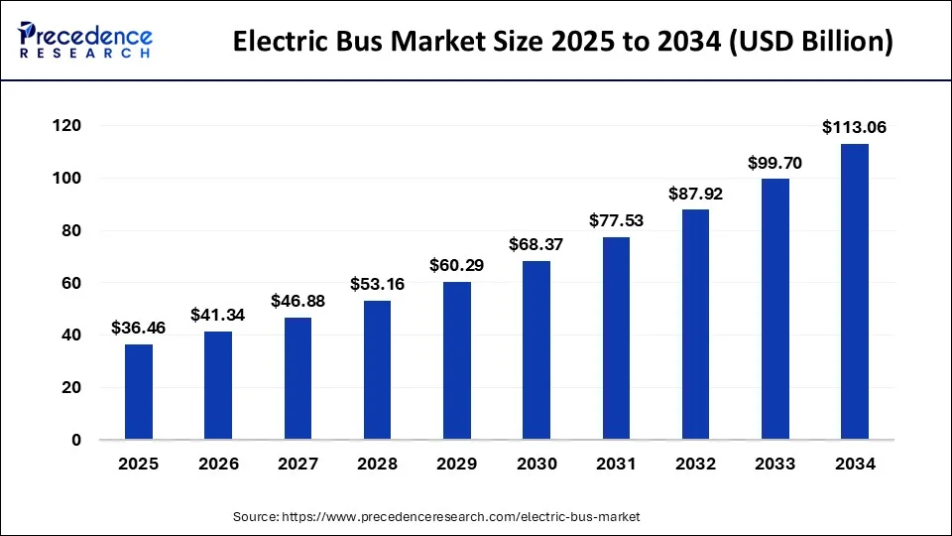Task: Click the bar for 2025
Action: tap(139, 392)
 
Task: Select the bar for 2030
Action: tap(536, 350)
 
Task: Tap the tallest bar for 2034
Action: tap(855, 292)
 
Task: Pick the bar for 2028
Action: tap(377, 370)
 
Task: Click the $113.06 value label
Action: tap(855, 127)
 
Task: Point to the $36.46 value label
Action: tap(139, 328)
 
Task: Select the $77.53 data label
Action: tap(616, 220)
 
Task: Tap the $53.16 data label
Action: tap(377, 284)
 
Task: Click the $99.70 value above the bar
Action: tap(775, 162)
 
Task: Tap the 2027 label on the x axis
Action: tap(297, 464)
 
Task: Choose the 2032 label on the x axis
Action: tap(695, 464)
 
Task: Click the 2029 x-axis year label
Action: tap(457, 464)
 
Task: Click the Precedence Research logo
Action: tap(84, 41)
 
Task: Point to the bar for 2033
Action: tap(775, 309)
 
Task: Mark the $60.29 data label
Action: tap(457, 265)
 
